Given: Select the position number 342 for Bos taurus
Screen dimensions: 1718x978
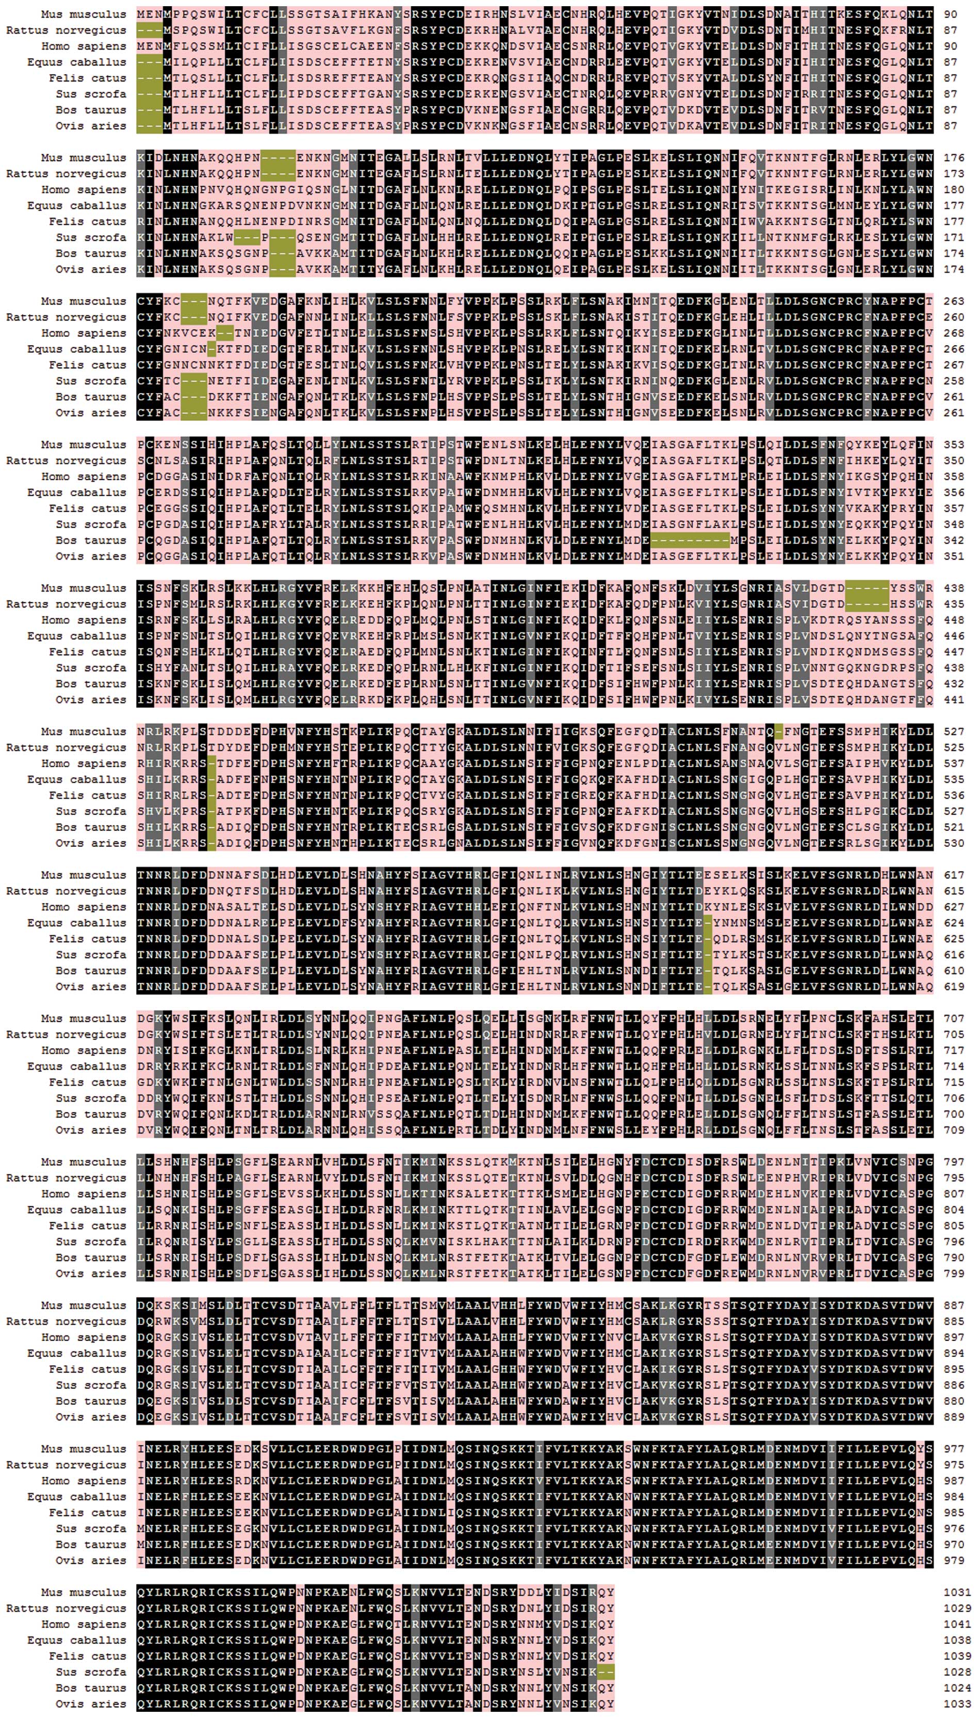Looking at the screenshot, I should coord(954,540).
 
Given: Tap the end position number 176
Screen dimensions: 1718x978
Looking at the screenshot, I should coord(954,158).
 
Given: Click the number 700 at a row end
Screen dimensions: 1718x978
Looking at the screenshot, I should coord(954,1114).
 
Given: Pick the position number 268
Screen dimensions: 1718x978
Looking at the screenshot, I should coord(954,333).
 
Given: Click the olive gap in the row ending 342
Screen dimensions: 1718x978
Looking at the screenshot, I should coord(690,540).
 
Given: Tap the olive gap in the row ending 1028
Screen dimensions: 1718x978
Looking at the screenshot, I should coord(606,1672).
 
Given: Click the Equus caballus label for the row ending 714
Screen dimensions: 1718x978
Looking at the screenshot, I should coord(76,1067).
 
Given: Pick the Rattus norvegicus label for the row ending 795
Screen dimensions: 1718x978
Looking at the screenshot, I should coord(66,1178).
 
